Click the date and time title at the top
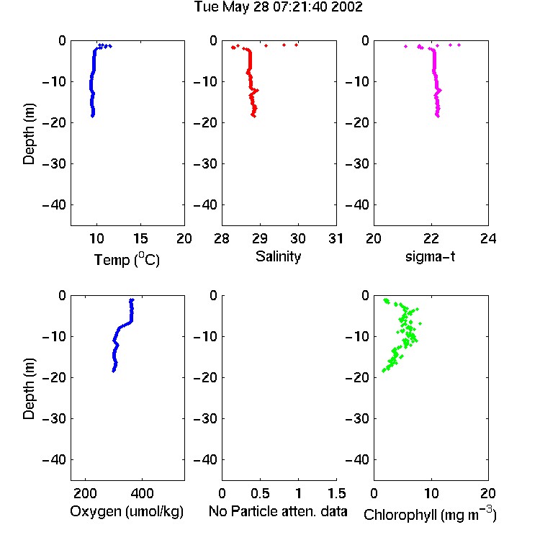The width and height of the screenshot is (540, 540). pos(278,7)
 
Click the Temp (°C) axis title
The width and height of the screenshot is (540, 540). pos(127,259)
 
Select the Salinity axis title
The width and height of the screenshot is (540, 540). pos(278,256)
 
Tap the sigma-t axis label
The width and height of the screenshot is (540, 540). pos(430,256)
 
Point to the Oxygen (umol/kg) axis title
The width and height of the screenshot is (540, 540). pos(127,511)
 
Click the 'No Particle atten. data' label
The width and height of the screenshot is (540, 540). pos(278,511)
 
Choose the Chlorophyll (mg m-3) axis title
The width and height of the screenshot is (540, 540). pos(430,514)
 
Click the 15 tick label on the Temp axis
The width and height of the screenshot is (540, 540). pos(140,238)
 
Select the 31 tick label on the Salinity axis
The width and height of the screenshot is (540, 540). pos(336,238)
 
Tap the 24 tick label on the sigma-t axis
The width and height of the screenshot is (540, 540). pos(488,238)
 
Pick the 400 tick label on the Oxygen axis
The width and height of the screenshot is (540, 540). pos(143,493)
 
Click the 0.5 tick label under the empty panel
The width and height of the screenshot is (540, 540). pos(260,493)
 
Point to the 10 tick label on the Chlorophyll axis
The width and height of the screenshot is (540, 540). pos(431,493)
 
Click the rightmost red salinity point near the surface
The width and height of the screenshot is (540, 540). pos(296,45)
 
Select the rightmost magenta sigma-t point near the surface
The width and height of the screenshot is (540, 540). pos(459,45)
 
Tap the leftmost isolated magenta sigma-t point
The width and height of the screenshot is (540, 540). pos(405,46)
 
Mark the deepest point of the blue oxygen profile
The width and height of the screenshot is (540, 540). pos(113,371)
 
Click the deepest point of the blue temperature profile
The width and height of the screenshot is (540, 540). pos(93,116)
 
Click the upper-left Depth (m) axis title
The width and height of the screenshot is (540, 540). pos(29,134)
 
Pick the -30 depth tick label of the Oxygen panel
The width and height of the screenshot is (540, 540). pos(54,418)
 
